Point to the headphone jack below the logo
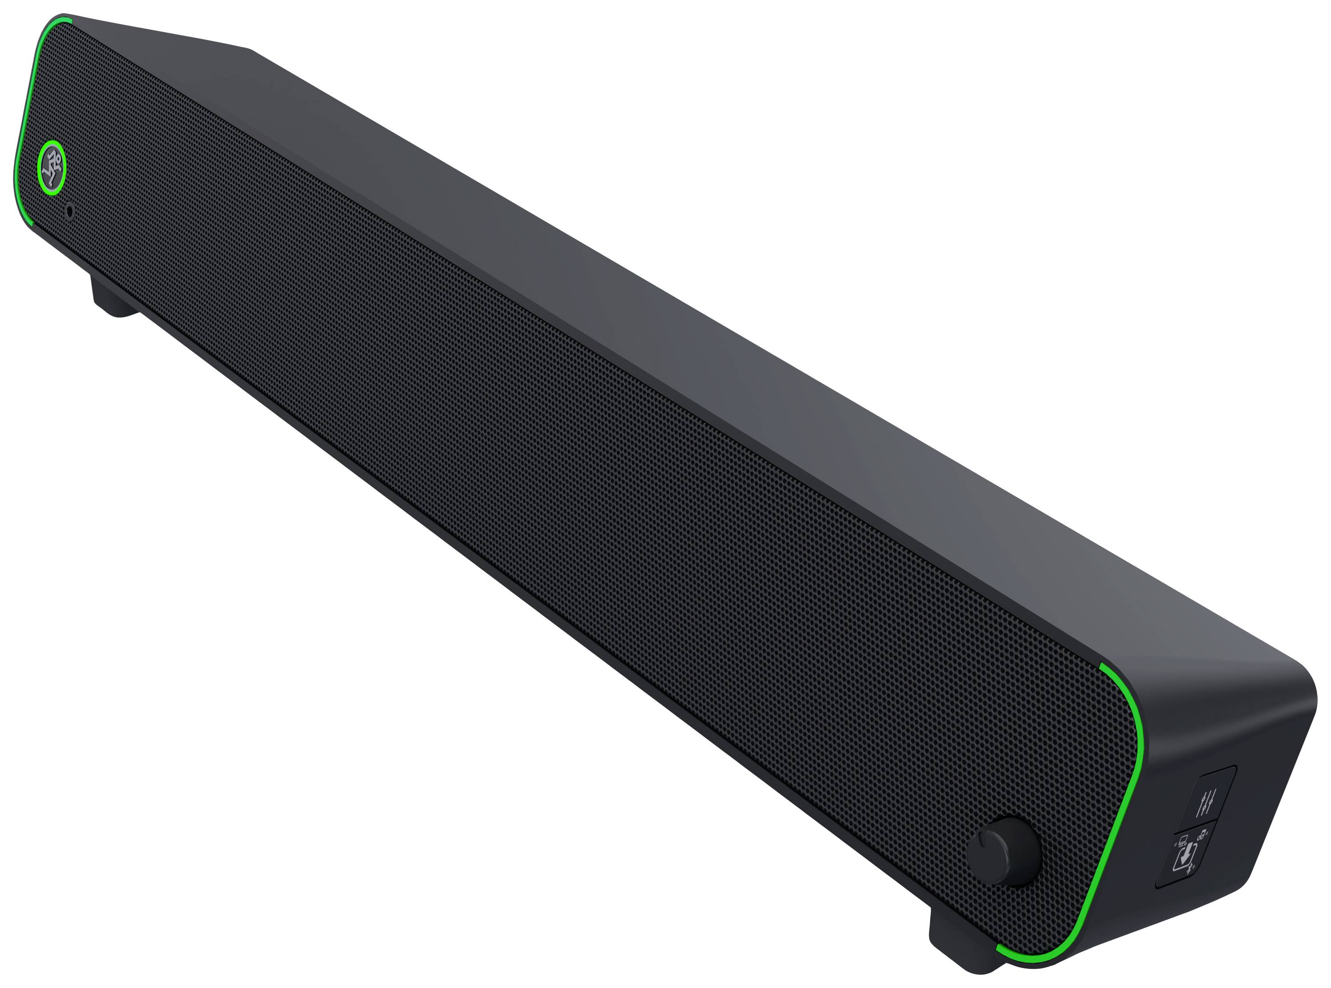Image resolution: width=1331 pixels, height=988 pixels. coord(70,211)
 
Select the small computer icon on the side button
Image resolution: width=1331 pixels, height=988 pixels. coord(1183,842)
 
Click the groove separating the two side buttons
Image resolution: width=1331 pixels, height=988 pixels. coord(1195,828)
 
